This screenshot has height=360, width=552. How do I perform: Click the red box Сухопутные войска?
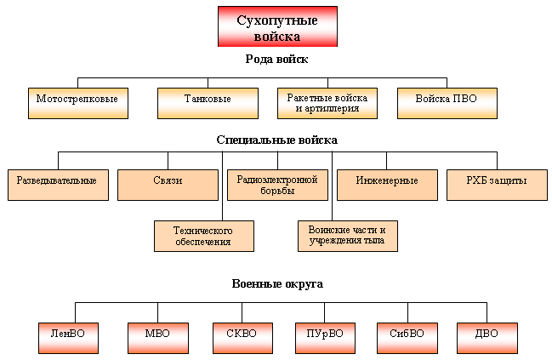click(x=277, y=26)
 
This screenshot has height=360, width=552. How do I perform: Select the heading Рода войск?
click(x=276, y=59)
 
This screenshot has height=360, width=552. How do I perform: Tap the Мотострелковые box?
click(x=78, y=103)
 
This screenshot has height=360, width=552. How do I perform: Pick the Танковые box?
click(x=208, y=103)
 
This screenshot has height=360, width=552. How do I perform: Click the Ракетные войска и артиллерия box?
click(x=327, y=103)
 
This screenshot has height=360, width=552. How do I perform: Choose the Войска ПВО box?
click(x=447, y=103)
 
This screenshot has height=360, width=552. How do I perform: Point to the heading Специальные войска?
click(x=277, y=140)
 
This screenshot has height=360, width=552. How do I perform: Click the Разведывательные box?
click(x=58, y=185)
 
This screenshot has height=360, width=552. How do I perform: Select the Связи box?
click(x=168, y=185)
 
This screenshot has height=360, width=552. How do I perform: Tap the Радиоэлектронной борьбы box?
click(x=278, y=185)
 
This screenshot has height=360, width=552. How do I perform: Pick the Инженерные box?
click(x=387, y=185)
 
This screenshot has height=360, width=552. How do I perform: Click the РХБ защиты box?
click(x=497, y=185)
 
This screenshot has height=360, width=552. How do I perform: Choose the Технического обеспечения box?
click(x=204, y=236)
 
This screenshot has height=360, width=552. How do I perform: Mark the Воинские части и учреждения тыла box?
click(x=348, y=236)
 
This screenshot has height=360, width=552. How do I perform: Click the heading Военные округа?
click(x=277, y=284)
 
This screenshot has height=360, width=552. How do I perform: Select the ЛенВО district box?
click(x=68, y=338)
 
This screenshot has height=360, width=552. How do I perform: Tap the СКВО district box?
click(x=242, y=338)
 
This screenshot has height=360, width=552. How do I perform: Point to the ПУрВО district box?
click(x=325, y=338)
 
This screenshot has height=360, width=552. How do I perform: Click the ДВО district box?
click(x=487, y=338)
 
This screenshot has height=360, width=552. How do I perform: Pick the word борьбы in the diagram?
click(x=277, y=191)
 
